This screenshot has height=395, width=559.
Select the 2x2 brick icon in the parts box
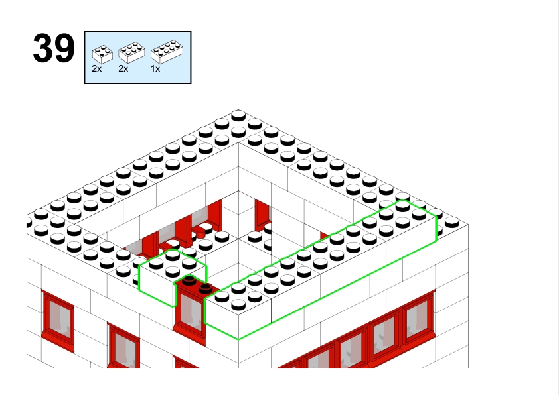(x=102, y=54)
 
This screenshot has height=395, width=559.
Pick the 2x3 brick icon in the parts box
(x=131, y=52)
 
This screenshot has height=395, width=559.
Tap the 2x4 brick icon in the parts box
(x=167, y=52)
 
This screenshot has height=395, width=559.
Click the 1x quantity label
(x=155, y=69)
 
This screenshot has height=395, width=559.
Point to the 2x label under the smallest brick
(x=97, y=69)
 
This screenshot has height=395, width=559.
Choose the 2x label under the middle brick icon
(x=123, y=69)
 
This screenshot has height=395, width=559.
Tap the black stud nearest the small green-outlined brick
(x=189, y=280)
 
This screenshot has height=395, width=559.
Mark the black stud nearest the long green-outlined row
(x=206, y=288)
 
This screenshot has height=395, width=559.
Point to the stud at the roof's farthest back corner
(x=238, y=116)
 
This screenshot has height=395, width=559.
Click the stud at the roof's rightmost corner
(x=452, y=223)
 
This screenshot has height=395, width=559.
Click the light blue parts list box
(x=137, y=58)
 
